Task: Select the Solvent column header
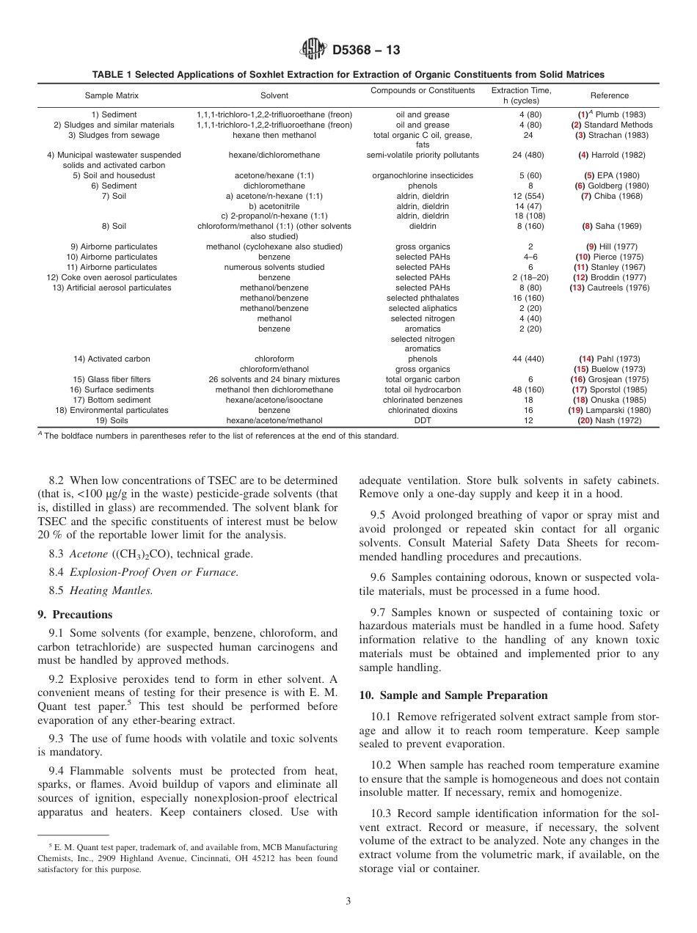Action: click(x=274, y=95)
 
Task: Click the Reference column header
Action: click(x=609, y=95)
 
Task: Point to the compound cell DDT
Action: click(x=423, y=420)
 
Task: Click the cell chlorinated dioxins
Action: click(x=423, y=410)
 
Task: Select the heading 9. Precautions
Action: click(x=75, y=615)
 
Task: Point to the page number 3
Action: click(x=348, y=901)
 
